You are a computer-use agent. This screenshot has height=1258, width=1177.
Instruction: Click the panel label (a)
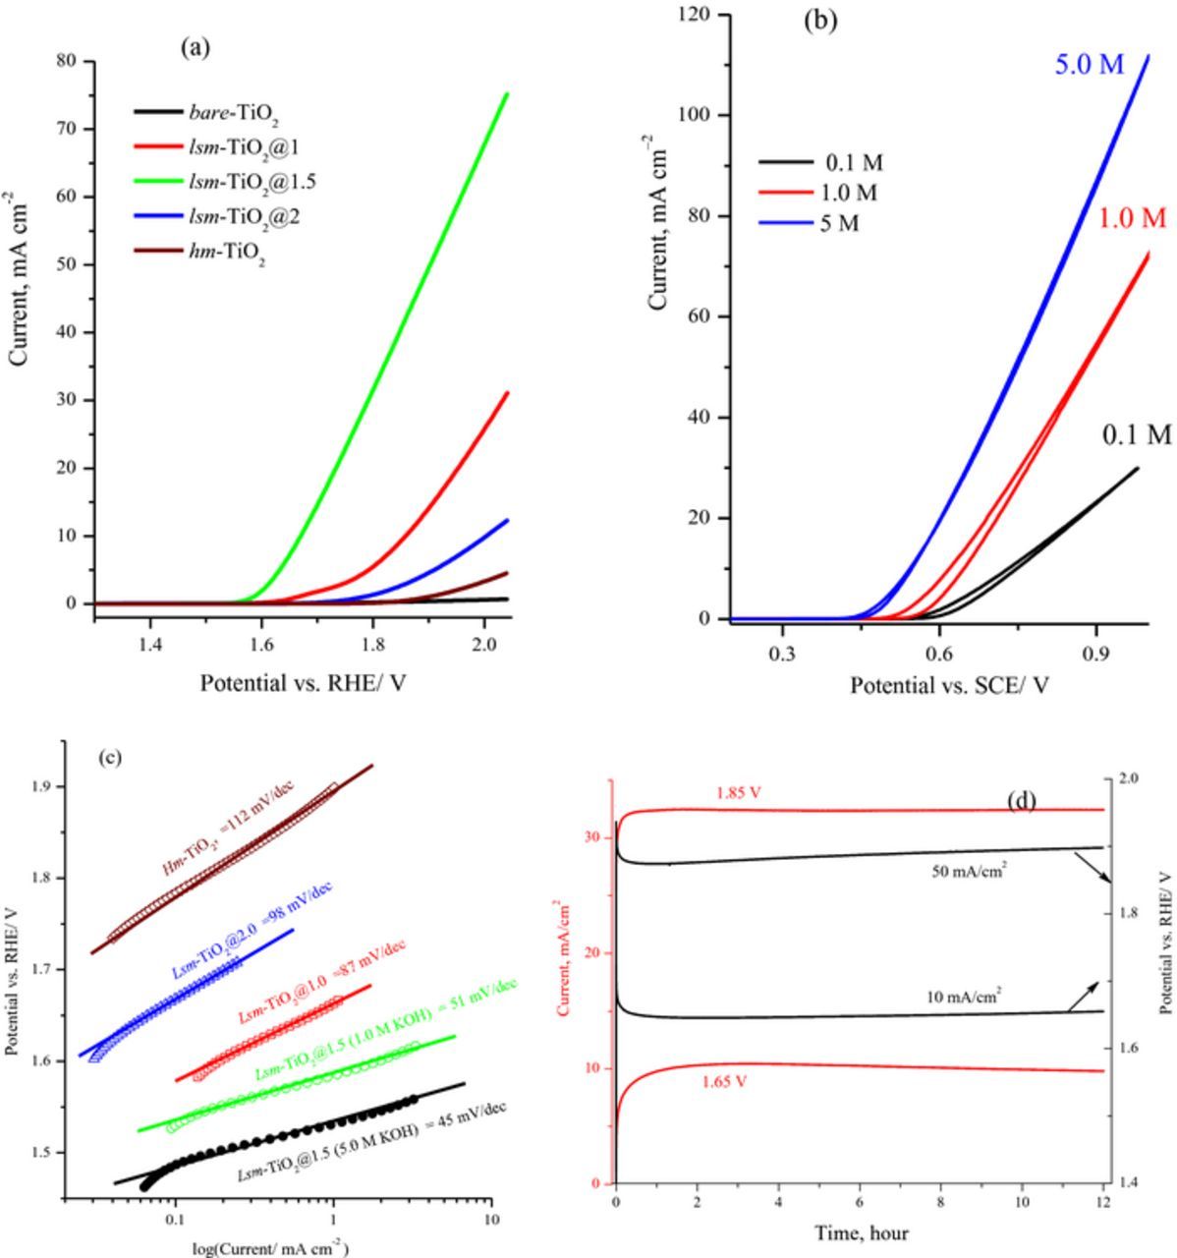(x=196, y=47)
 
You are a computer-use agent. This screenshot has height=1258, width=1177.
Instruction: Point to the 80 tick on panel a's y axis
(x=66, y=61)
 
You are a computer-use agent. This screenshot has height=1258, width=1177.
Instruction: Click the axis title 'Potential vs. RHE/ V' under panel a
(x=303, y=682)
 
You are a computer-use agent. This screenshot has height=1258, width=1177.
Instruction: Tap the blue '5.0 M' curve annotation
(x=1089, y=65)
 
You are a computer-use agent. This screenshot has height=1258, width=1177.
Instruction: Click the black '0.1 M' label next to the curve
(x=1137, y=434)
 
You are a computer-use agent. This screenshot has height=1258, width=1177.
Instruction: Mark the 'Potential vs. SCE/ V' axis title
(x=949, y=685)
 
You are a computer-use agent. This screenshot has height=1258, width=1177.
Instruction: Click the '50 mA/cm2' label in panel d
(x=969, y=870)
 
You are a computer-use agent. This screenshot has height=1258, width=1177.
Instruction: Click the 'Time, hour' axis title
(x=861, y=1232)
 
